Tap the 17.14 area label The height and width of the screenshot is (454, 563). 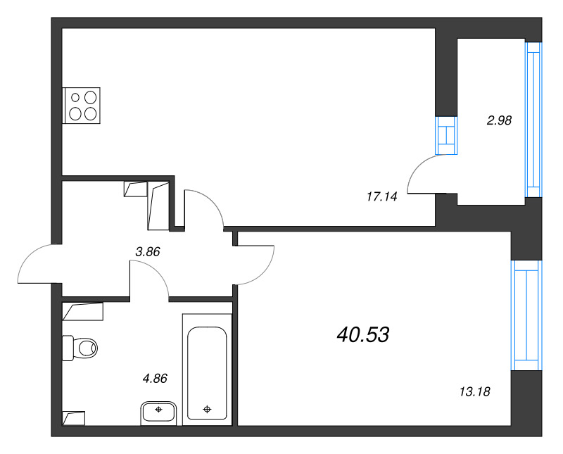pyautogui.click(x=382, y=197)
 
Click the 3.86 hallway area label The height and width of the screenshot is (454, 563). pyautogui.click(x=148, y=251)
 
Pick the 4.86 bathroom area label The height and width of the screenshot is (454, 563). pyautogui.click(x=155, y=378)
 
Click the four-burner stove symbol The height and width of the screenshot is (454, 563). pyautogui.click(x=82, y=106)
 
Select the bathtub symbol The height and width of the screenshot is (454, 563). pyautogui.click(x=207, y=370)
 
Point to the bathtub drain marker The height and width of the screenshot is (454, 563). pyautogui.click(x=207, y=409)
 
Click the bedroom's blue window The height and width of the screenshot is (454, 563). pyautogui.click(x=526, y=315)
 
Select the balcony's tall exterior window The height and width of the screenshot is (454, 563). pyautogui.click(x=534, y=120)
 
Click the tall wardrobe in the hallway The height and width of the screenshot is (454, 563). pyautogui.click(x=159, y=206)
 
